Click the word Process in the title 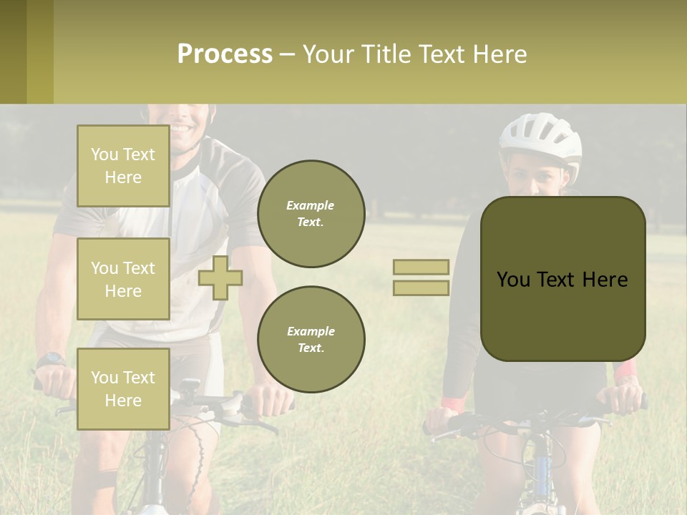pos(225,54)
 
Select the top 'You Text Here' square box pos(123,166)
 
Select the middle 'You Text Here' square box pos(123,279)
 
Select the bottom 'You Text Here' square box pos(123,389)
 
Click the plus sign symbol pos(220,278)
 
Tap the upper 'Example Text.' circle pos(311,214)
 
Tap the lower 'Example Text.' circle pos(311,340)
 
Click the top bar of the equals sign pos(421,267)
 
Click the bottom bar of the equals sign pos(421,288)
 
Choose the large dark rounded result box pos(562,279)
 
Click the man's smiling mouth pos(181,129)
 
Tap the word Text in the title pos(441,54)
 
